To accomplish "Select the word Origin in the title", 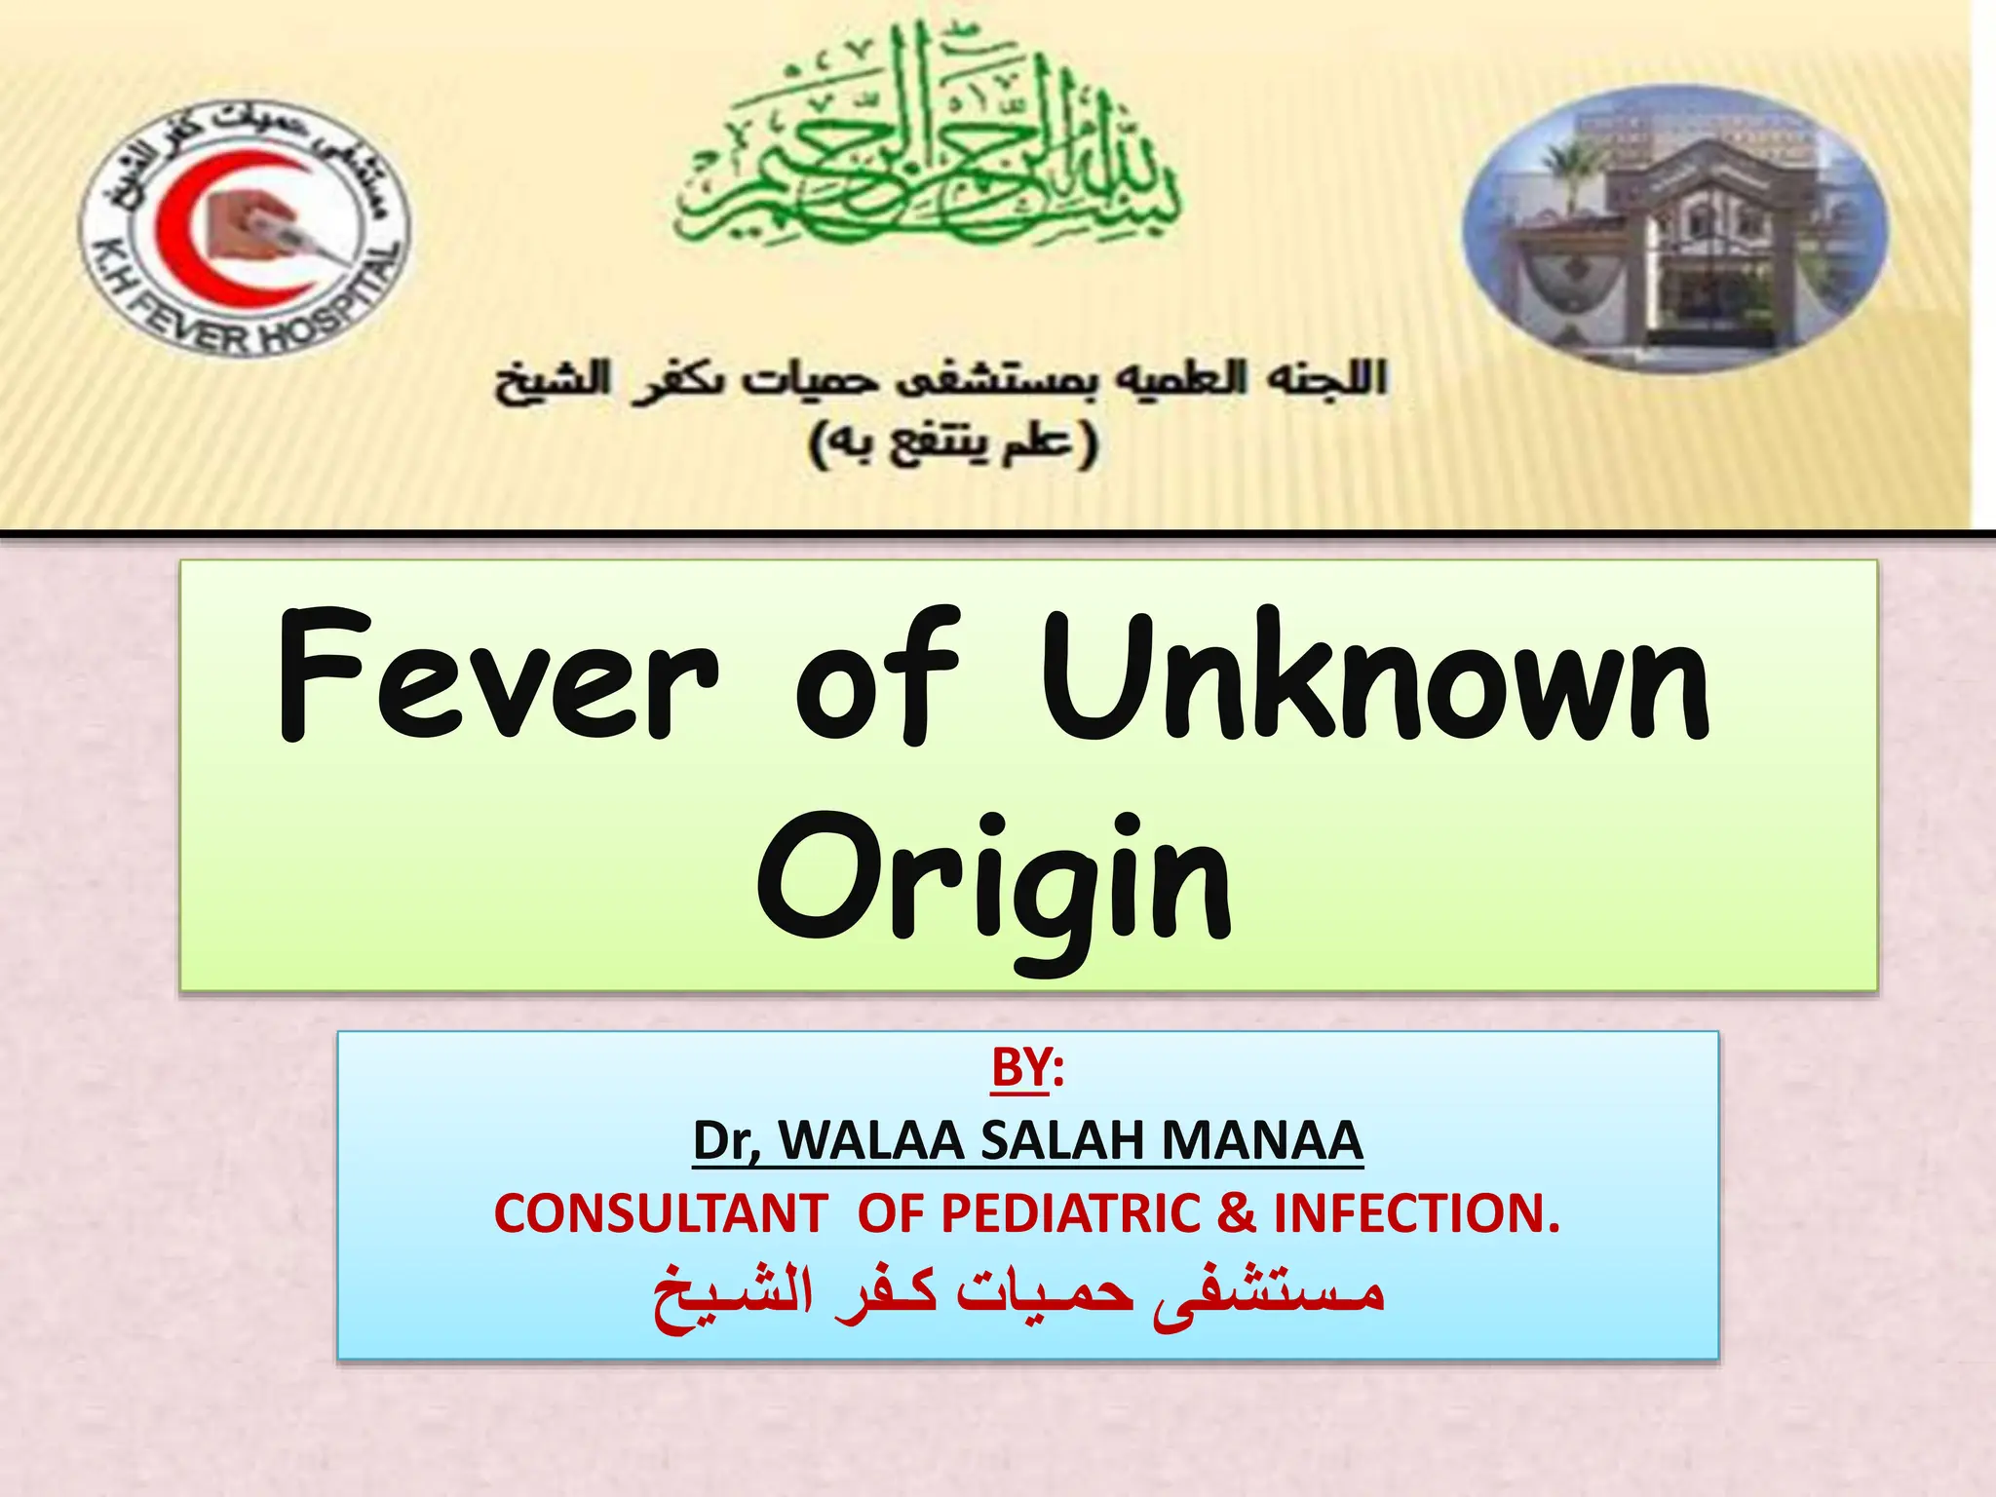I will [x=994, y=882].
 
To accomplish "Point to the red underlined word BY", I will [x=1019, y=1067].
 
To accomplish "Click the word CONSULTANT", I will [x=661, y=1214].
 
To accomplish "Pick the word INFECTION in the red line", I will [x=1408, y=1214].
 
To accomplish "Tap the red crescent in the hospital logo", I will [x=210, y=229].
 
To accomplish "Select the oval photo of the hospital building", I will [x=1674, y=229].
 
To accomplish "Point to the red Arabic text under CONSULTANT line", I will [x=1018, y=1294].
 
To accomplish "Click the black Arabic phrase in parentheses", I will [x=953, y=443].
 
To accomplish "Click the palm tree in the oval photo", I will [x=1564, y=175].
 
